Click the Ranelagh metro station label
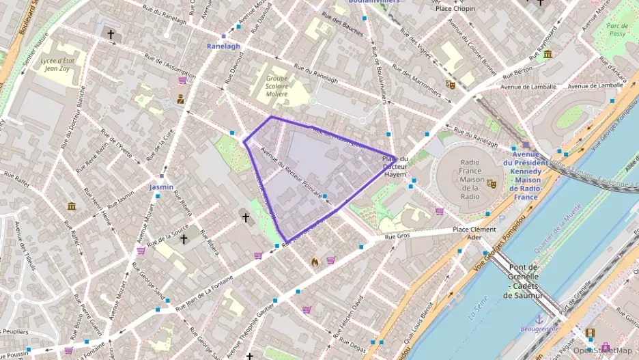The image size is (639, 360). pyautogui.click(x=223, y=46)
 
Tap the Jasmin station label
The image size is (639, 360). pyautogui.click(x=162, y=186)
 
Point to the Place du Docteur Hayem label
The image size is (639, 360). pyautogui.click(x=395, y=167)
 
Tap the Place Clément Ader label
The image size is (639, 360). pyautogui.click(x=474, y=234)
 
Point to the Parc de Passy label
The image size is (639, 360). pyautogui.click(x=617, y=29)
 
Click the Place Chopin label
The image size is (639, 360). pyautogui.click(x=455, y=8)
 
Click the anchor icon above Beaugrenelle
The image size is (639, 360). pyautogui.click(x=539, y=318)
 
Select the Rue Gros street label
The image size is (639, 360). pyautogui.click(x=397, y=236)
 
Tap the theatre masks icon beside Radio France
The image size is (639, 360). pyautogui.click(x=491, y=183)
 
